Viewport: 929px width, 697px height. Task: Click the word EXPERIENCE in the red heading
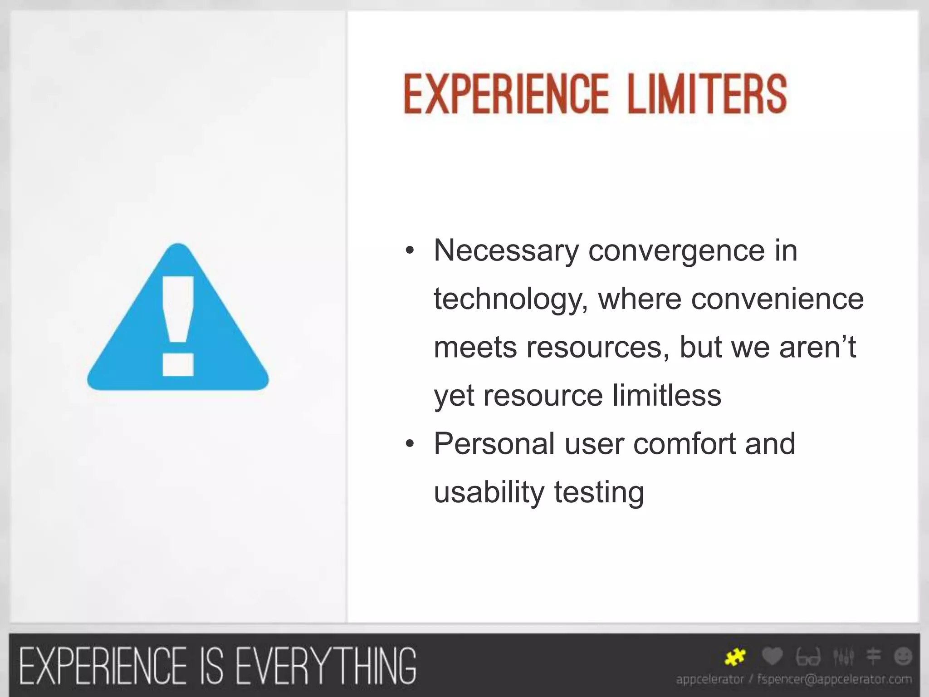tap(505, 94)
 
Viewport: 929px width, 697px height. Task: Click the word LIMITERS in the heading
tap(707, 94)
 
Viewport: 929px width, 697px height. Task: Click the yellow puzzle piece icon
tap(735, 657)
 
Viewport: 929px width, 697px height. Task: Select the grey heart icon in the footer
tap(772, 656)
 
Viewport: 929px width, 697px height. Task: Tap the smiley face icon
tap(903, 657)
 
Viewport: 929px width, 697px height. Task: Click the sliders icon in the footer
tap(843, 657)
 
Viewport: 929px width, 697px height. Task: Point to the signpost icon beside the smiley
tap(873, 657)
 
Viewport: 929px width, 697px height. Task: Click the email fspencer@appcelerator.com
tap(835, 679)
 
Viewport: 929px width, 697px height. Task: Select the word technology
tap(508, 300)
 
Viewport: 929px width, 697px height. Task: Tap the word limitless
tap(667, 395)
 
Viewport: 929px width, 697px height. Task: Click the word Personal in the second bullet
tap(494, 443)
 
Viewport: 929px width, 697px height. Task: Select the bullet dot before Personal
tap(410, 444)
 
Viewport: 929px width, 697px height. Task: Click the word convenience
tap(777, 299)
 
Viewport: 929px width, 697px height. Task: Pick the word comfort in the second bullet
tap(685, 443)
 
